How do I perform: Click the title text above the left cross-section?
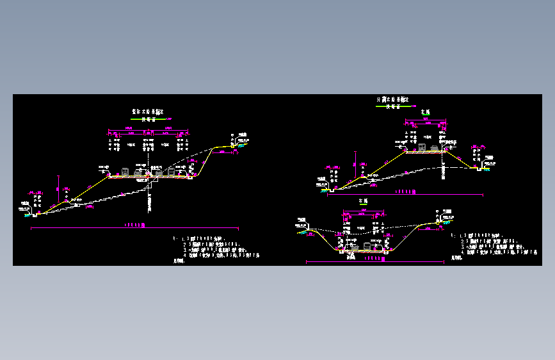click(x=148, y=111)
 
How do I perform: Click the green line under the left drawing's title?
click(x=147, y=119)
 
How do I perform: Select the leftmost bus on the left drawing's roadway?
click(x=125, y=172)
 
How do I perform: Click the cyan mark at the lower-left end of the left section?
click(x=28, y=215)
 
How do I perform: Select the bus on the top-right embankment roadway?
click(x=423, y=149)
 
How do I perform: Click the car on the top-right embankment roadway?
click(x=435, y=148)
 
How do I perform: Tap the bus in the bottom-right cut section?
click(x=367, y=246)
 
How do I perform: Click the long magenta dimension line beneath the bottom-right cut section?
click(x=375, y=261)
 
